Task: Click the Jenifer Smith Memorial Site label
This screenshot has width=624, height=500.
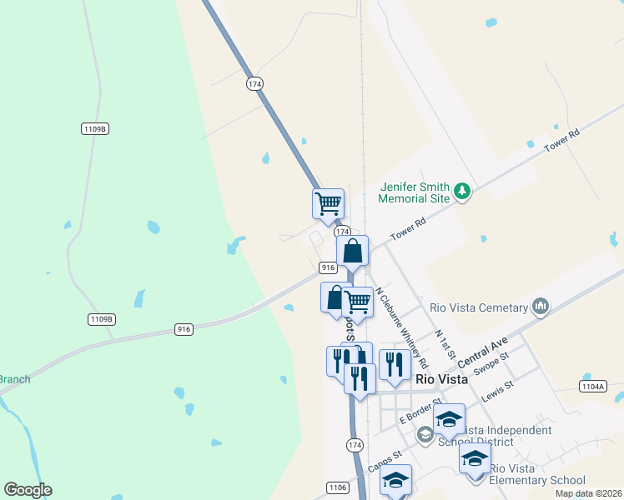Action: tap(414, 192)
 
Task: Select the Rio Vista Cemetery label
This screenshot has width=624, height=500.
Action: tap(479, 307)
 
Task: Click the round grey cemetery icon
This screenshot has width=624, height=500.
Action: tap(541, 307)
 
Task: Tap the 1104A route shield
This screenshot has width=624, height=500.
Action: tap(593, 387)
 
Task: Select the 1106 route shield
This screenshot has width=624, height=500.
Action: tap(337, 487)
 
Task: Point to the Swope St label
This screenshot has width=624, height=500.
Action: tap(491, 363)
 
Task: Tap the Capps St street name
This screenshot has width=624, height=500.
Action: tap(385, 460)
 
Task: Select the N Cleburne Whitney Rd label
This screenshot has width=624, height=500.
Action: tap(401, 328)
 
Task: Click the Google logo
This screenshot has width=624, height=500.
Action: tap(28, 490)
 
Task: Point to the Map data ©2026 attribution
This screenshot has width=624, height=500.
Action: tap(588, 493)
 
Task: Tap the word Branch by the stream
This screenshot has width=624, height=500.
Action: tap(14, 380)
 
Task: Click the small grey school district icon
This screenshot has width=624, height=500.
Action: tap(425, 434)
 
